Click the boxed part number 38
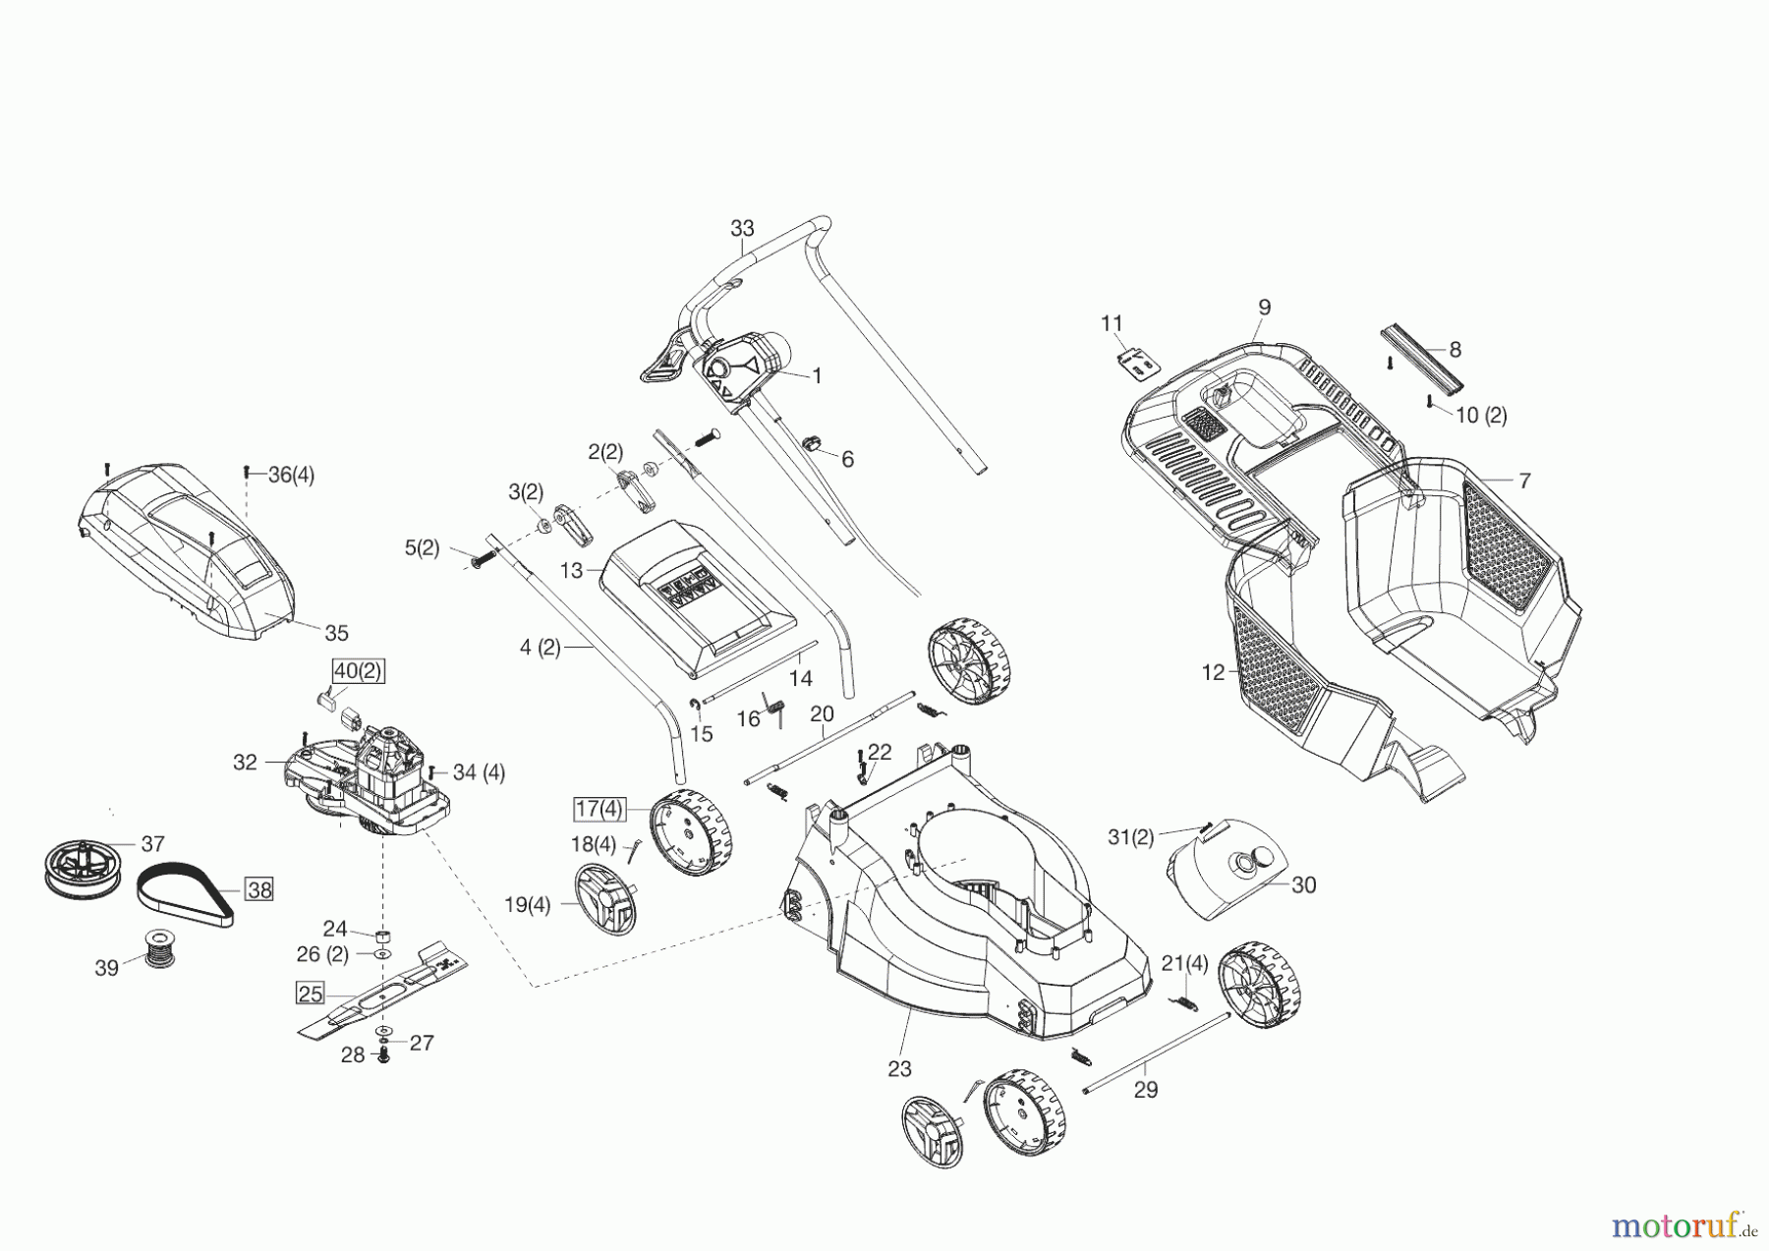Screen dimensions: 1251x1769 [259, 889]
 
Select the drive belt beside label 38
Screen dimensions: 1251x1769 [187, 887]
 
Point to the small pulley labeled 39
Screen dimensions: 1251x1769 [157, 948]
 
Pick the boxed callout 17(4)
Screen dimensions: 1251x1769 [599, 809]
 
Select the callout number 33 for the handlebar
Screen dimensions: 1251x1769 [742, 228]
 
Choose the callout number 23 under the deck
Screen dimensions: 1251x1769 [899, 1069]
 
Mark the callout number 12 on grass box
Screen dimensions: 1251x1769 [1213, 672]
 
